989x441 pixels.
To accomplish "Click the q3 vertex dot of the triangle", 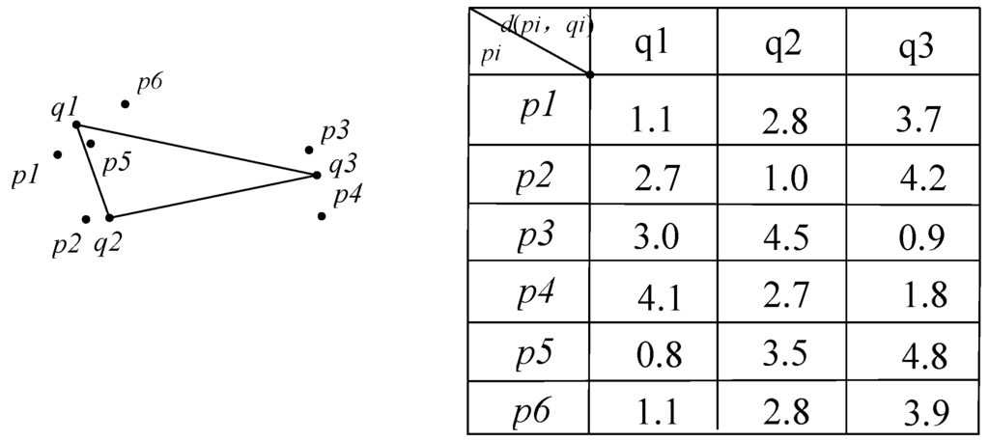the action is [x=317, y=175].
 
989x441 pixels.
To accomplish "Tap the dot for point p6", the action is [x=125, y=103].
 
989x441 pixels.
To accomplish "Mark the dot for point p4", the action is [x=321, y=215].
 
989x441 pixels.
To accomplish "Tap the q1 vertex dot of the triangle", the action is [x=76, y=124].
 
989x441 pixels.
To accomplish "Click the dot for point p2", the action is [x=86, y=219].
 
